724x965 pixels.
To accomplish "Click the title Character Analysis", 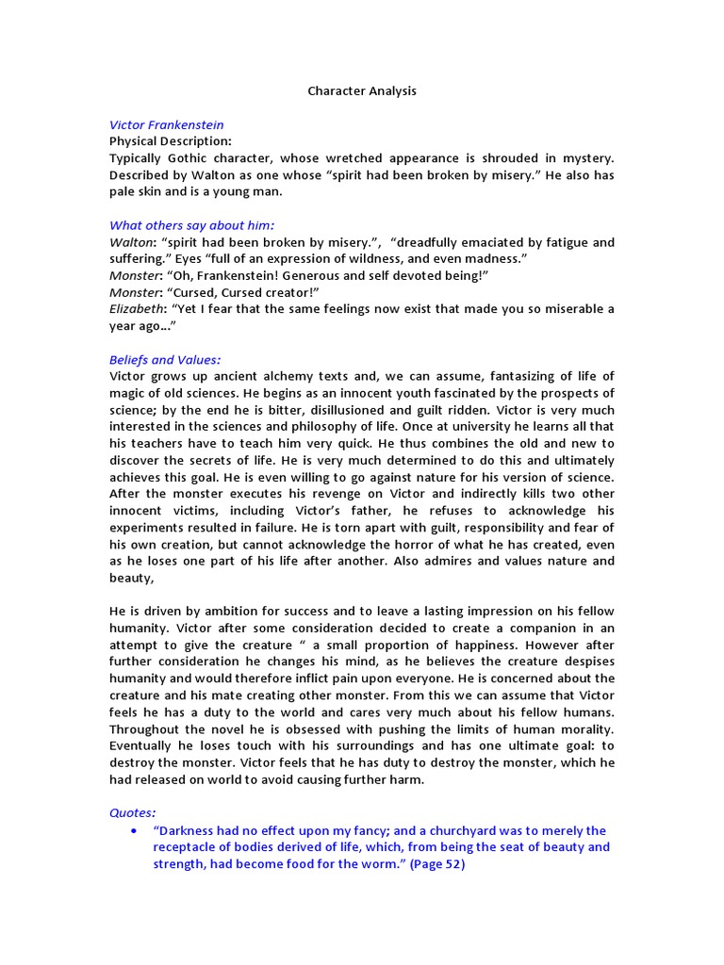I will tap(362, 91).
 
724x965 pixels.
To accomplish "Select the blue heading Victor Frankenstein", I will tap(166, 124).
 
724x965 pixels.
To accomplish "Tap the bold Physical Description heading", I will tap(170, 141).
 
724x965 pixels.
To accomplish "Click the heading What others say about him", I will tap(191, 225).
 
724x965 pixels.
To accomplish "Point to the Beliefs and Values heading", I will tap(165, 359).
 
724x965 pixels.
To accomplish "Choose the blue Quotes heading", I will tap(133, 811).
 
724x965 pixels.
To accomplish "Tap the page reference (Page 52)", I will tap(437, 864).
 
